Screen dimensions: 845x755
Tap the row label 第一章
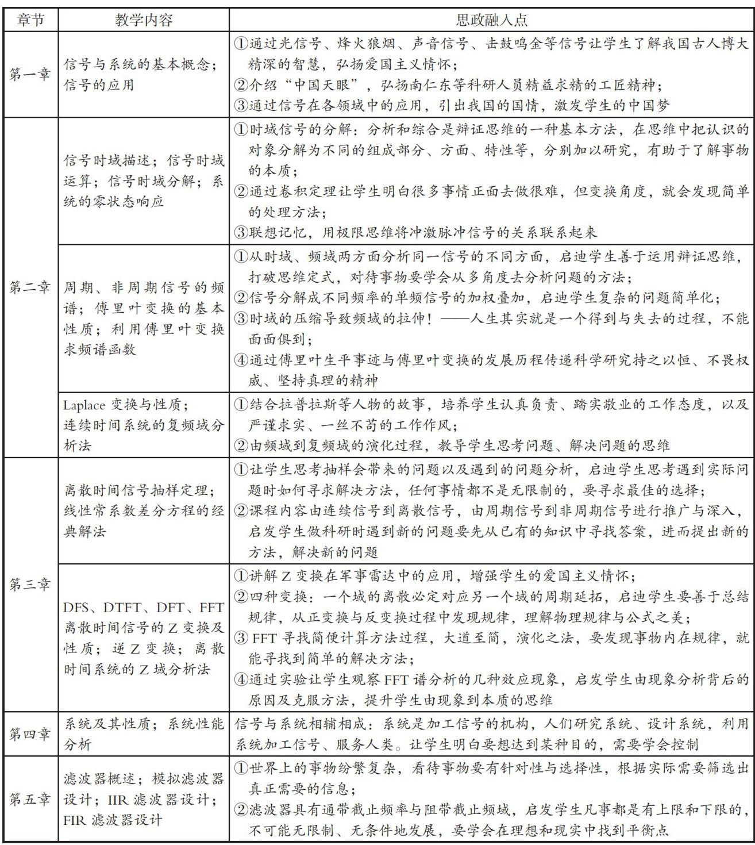(x=29, y=74)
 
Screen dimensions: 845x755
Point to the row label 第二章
(x=29, y=287)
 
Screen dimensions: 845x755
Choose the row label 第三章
(x=29, y=584)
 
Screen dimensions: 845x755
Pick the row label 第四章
(x=29, y=733)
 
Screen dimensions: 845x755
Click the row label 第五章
(x=29, y=799)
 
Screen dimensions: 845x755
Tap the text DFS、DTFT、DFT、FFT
(x=144, y=607)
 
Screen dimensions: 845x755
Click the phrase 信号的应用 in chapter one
(x=99, y=85)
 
